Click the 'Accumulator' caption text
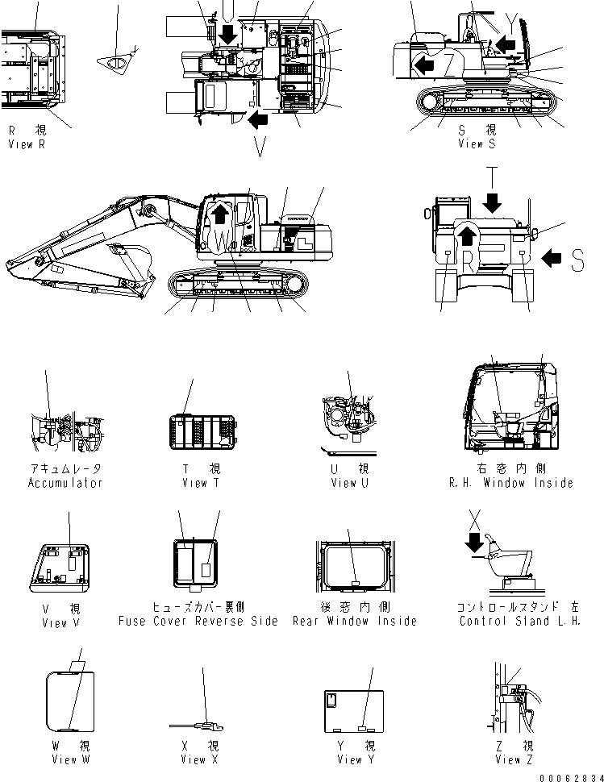tap(65, 483)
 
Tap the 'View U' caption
tap(349, 483)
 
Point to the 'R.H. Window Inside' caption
tap(511, 483)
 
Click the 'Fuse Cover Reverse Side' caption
tap(198, 621)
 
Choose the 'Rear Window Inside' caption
tap(355, 621)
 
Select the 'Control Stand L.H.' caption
tap(519, 621)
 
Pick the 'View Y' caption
tap(350, 759)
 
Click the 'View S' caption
tap(477, 144)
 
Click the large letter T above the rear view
tap(494, 175)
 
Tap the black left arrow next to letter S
tap(552, 258)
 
